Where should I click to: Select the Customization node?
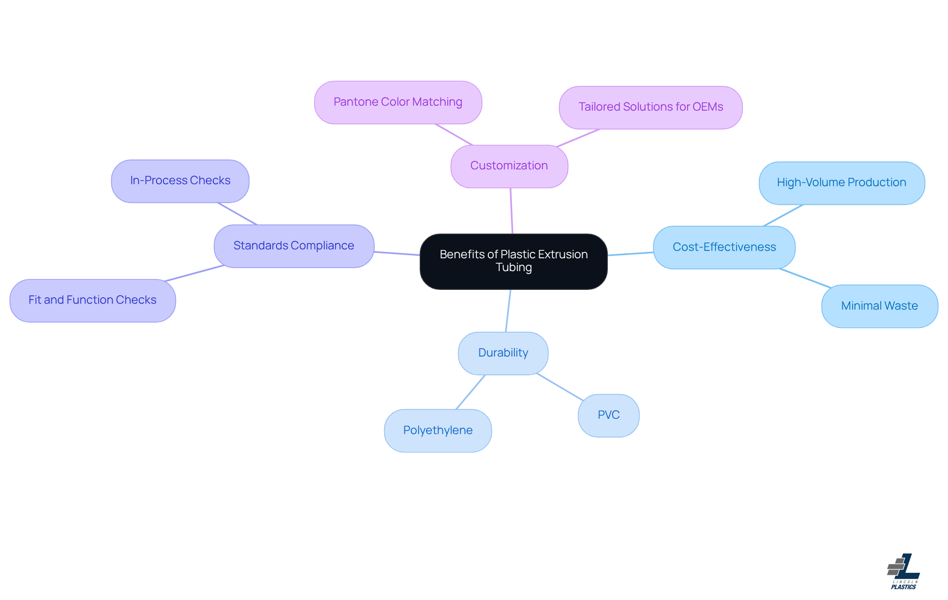click(509, 166)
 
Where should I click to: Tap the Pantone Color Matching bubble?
click(398, 102)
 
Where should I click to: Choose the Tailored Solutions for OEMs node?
click(650, 107)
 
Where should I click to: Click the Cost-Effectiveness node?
click(724, 247)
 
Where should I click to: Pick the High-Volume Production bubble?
click(841, 183)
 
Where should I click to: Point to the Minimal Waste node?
click(879, 306)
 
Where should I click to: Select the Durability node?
click(503, 353)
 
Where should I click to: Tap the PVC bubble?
click(608, 415)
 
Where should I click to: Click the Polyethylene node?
click(437, 431)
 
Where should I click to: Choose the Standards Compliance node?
click(294, 246)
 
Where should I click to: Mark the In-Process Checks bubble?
click(180, 181)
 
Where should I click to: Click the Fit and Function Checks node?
click(92, 300)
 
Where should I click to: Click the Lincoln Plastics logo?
click(904, 571)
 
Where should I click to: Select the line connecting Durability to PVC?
click(560, 387)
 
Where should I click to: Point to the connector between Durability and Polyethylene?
click(471, 392)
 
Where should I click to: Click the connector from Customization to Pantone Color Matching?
click(454, 135)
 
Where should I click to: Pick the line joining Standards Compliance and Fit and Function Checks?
click(195, 273)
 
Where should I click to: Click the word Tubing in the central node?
click(513, 268)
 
